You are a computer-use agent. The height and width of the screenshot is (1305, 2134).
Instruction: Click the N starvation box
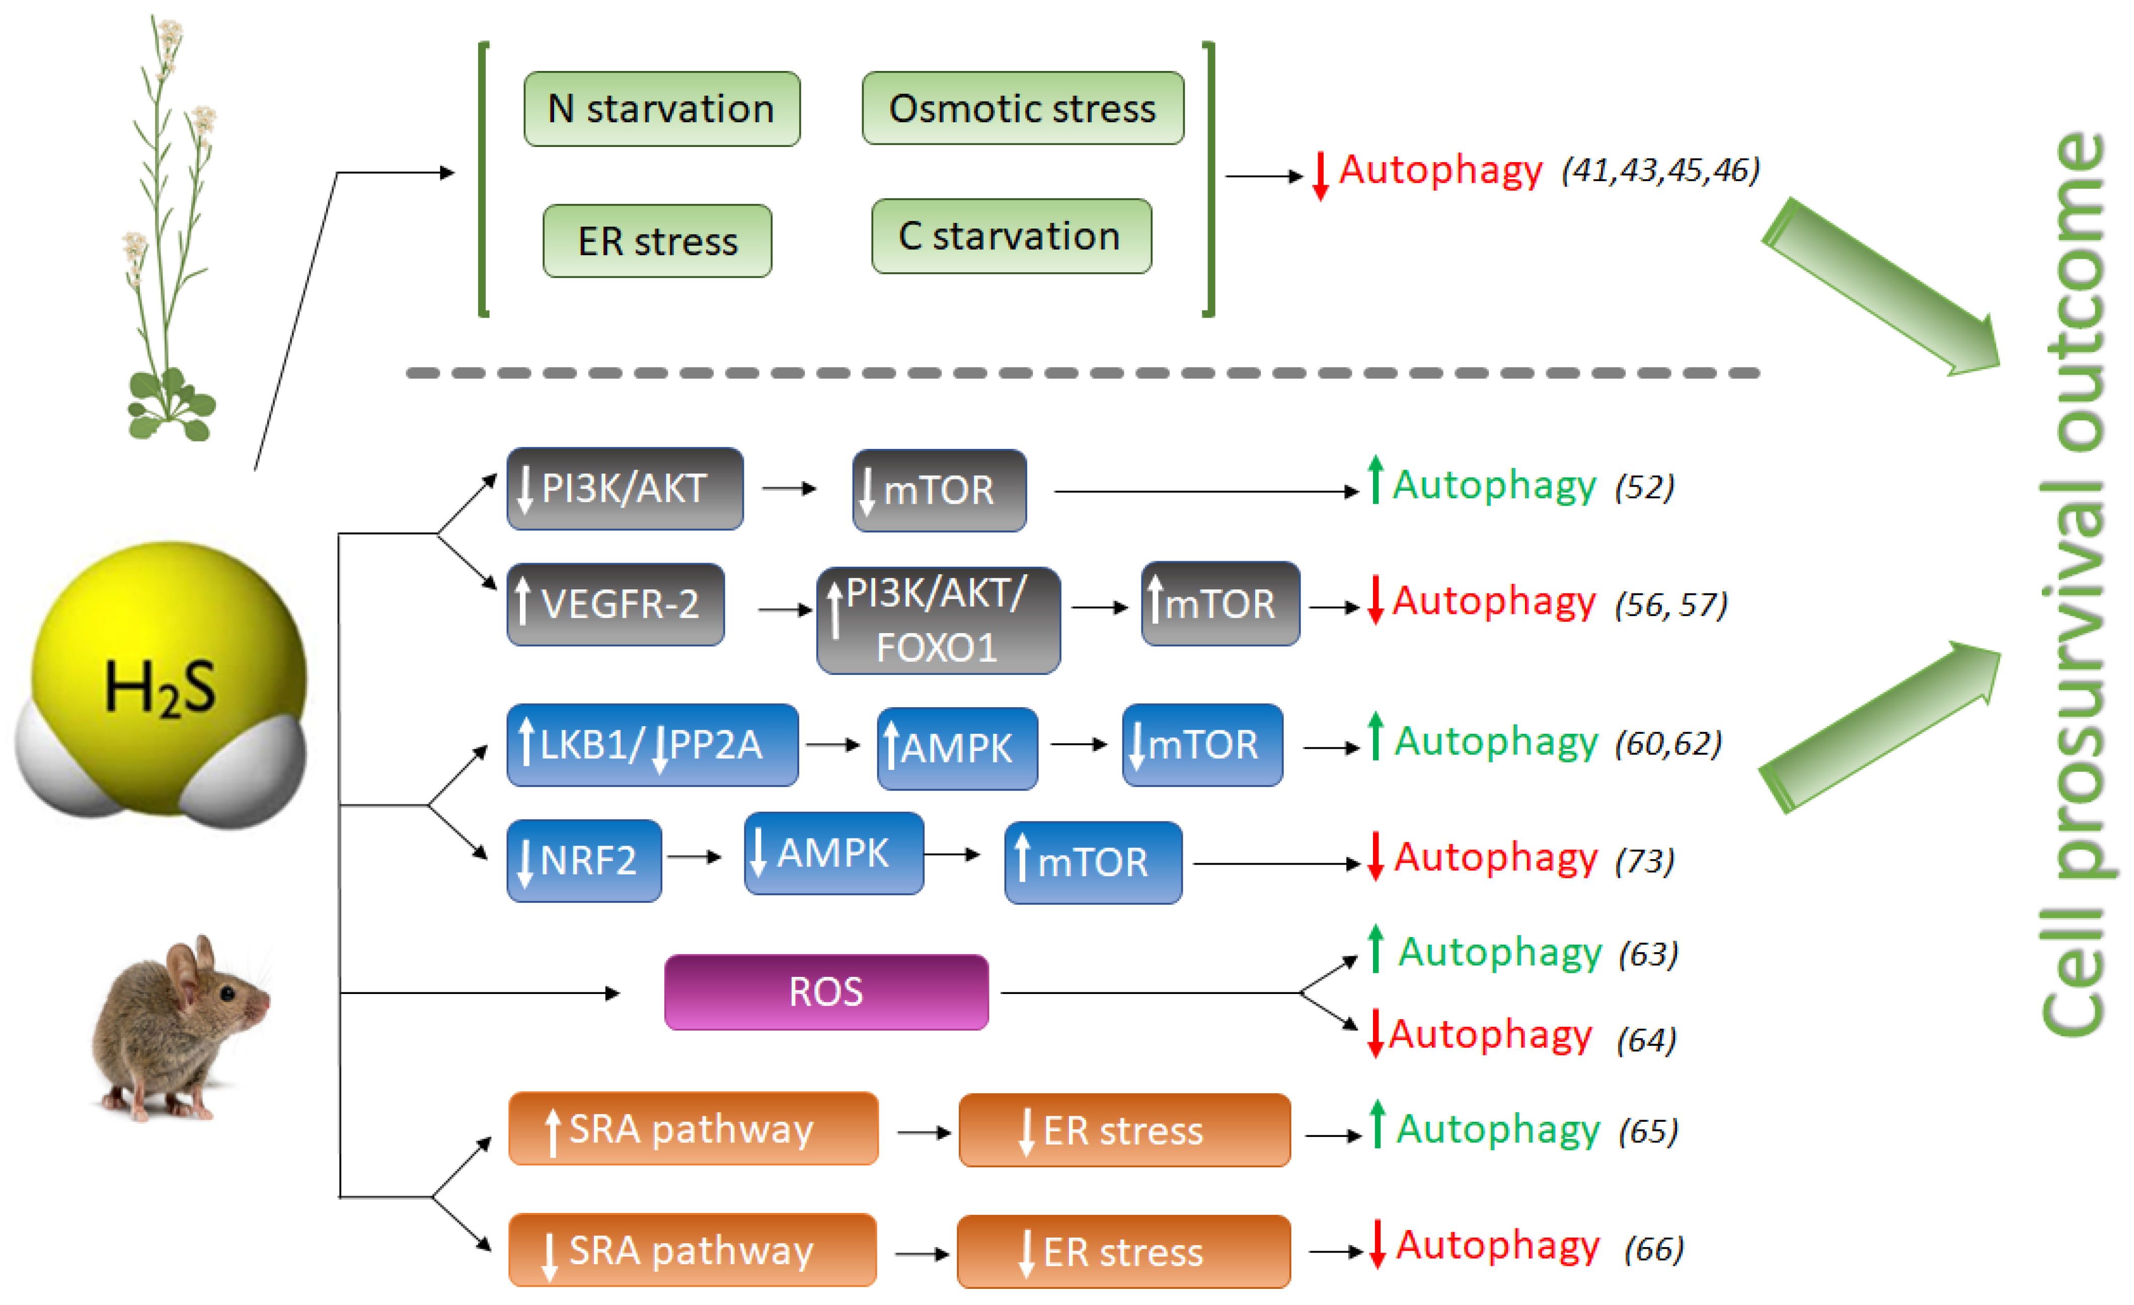[662, 109]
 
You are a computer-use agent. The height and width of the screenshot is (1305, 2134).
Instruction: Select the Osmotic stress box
[1022, 108]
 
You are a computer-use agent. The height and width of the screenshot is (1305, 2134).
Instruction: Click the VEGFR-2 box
[615, 604]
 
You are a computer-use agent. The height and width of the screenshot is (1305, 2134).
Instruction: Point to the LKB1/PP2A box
[652, 745]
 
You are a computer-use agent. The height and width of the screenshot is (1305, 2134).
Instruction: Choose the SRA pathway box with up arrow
[693, 1128]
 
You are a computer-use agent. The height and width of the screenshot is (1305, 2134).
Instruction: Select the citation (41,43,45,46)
[1660, 170]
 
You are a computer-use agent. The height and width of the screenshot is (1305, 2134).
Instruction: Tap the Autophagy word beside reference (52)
[1494, 485]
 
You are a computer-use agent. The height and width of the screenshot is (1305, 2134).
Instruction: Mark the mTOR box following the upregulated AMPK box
[1202, 745]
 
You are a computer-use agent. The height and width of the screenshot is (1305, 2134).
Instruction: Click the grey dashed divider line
[1083, 373]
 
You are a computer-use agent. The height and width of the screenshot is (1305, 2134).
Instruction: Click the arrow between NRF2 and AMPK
[695, 857]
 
